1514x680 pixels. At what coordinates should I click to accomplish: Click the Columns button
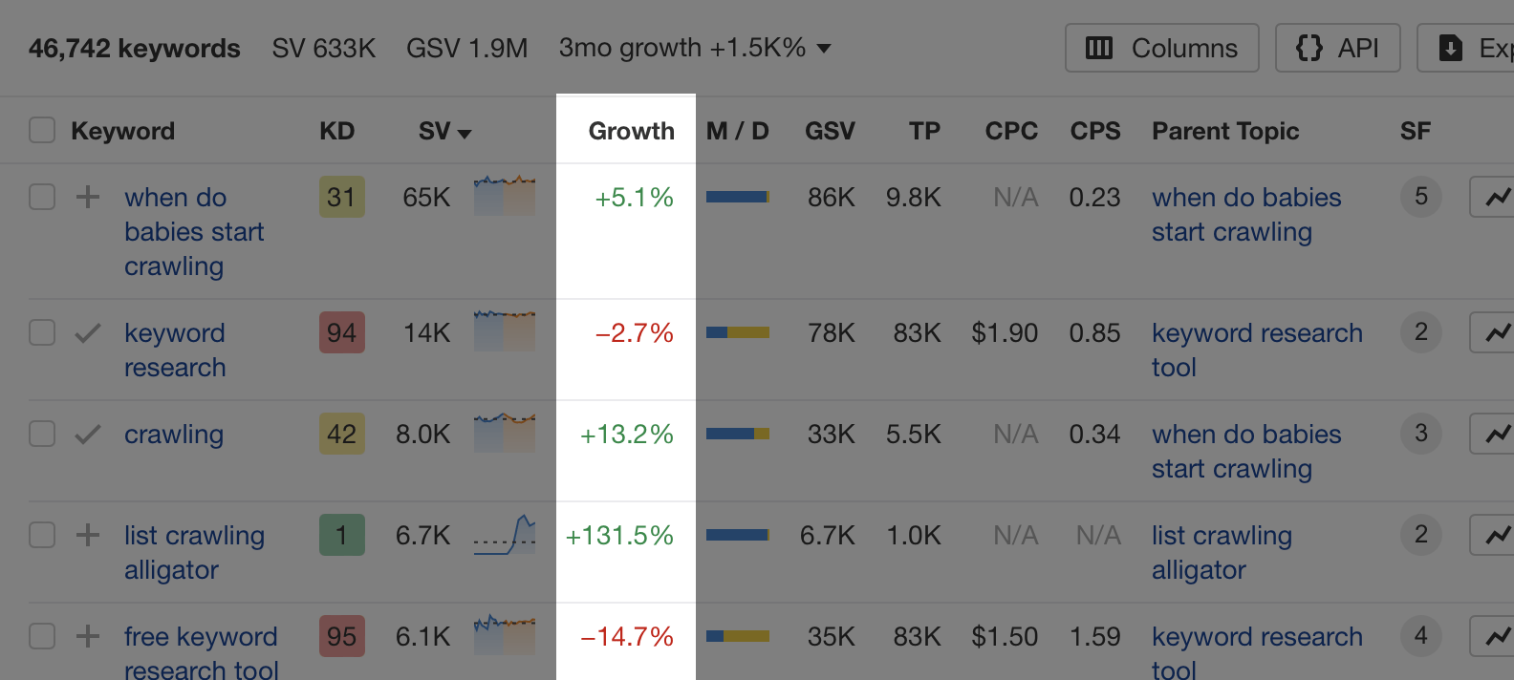coord(1161,48)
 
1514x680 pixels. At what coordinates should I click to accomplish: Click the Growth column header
coord(631,131)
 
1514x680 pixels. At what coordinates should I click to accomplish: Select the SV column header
coord(444,131)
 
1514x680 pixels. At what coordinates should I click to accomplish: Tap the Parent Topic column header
coord(1224,131)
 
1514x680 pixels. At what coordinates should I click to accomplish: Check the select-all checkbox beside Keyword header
coord(42,130)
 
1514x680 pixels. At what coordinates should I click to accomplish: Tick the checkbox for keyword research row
coord(42,332)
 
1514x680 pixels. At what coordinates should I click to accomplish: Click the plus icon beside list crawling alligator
coord(88,535)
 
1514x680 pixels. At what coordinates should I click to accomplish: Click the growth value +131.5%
coord(619,536)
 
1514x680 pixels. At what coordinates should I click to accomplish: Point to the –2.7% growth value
coord(634,333)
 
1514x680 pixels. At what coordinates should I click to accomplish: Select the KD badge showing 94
coord(341,333)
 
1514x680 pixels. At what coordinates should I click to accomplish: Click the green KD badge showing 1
coord(341,536)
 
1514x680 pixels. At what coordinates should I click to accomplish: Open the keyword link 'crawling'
coord(174,435)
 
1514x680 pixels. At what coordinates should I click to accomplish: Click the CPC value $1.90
coord(1005,333)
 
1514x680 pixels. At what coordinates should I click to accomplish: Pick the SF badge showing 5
coord(1420,197)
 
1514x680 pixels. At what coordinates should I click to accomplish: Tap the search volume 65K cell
coord(426,198)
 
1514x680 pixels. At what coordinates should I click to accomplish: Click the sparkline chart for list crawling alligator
coord(505,535)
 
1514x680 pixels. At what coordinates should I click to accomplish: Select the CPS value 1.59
coord(1094,637)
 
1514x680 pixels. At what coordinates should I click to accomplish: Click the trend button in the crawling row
coord(1495,435)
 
